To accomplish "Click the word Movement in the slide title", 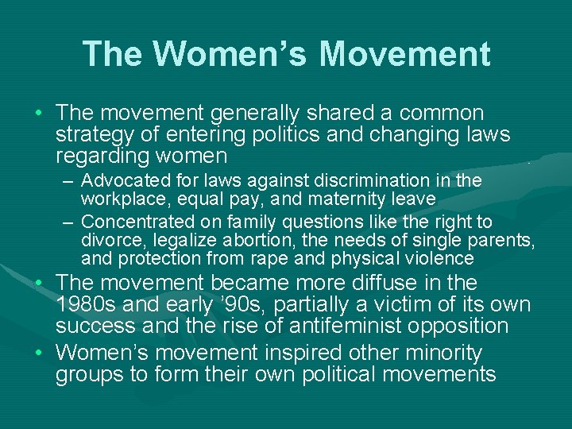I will [x=405, y=54].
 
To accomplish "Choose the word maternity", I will [x=352, y=198].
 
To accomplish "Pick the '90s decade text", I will [x=253, y=304].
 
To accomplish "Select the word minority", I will [x=442, y=352].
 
